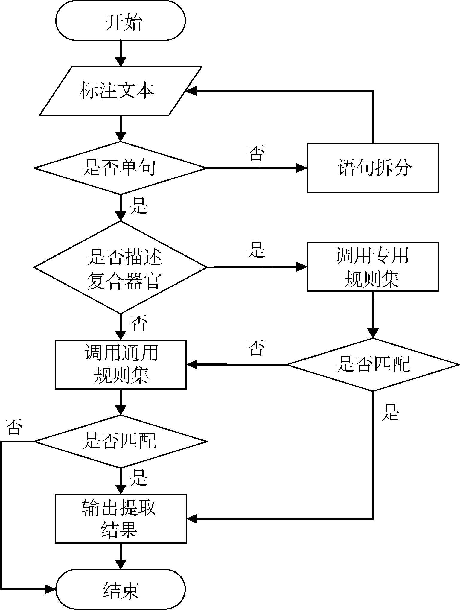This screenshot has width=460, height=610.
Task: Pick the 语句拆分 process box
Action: (x=373, y=168)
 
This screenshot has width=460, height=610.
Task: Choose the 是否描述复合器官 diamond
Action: (x=121, y=267)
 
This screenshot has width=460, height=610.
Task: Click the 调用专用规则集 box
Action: (x=373, y=267)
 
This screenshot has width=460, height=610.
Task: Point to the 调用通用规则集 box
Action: (x=121, y=364)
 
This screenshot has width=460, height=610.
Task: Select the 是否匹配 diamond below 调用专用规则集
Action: (x=373, y=364)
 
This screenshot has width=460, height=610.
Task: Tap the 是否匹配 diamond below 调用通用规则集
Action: (x=121, y=441)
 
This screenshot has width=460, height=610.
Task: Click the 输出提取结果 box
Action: (x=121, y=518)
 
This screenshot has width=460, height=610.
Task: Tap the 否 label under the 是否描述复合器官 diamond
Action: (x=138, y=323)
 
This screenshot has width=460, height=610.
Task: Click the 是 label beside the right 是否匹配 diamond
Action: (x=390, y=412)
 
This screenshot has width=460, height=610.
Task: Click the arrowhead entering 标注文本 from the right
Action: (x=191, y=91)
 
